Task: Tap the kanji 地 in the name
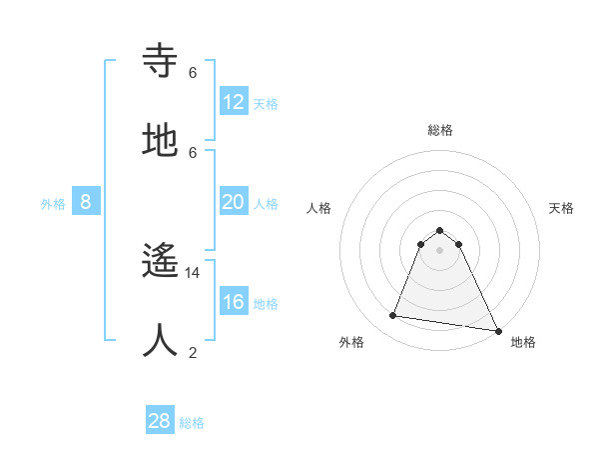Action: click(x=161, y=141)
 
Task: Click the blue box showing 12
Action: click(x=234, y=102)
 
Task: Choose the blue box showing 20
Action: click(x=234, y=203)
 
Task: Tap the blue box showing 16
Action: click(x=234, y=303)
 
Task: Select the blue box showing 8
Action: click(x=86, y=203)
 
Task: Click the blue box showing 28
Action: click(x=160, y=421)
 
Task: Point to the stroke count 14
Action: click(x=193, y=272)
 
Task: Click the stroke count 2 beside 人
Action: click(x=193, y=352)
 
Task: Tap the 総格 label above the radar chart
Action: click(x=439, y=130)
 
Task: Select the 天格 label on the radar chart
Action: click(x=561, y=208)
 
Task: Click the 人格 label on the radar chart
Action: click(x=318, y=208)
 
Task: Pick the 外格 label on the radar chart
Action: click(x=351, y=342)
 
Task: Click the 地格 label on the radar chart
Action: click(x=523, y=342)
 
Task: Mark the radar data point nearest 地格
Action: click(x=496, y=329)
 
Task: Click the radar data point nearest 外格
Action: click(x=393, y=316)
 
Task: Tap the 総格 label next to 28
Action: click(x=192, y=423)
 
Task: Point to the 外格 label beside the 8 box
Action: click(x=53, y=204)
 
